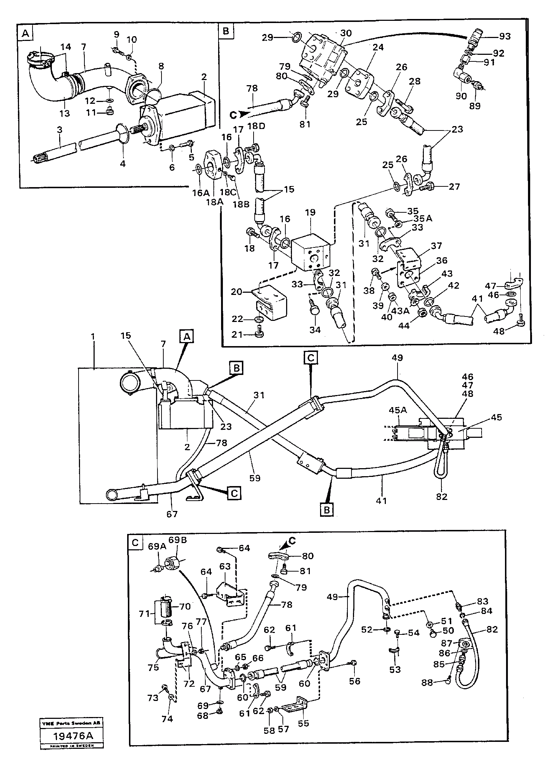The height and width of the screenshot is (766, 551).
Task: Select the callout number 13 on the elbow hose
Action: (64, 114)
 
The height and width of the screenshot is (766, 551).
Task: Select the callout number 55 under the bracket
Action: (304, 723)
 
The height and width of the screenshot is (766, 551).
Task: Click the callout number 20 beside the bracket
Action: (238, 291)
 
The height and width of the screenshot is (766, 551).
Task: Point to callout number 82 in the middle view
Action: (441, 497)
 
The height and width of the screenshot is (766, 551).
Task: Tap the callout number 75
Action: (153, 667)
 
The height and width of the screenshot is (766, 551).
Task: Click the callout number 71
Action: (146, 613)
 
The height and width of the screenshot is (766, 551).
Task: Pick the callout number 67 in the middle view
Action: (172, 514)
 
